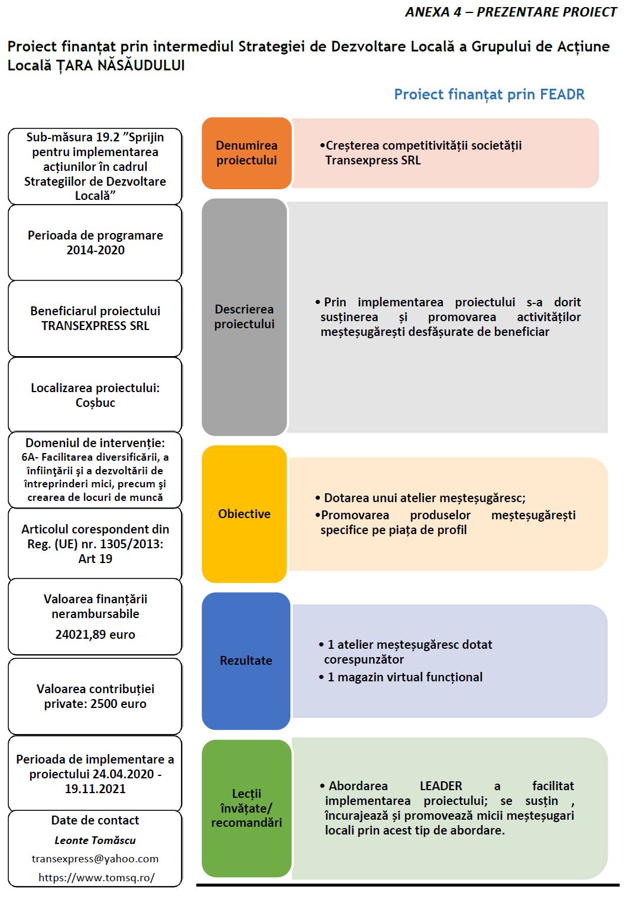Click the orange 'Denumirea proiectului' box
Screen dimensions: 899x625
coord(247,153)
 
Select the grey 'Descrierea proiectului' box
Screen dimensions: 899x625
coord(244,316)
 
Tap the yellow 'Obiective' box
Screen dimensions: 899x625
coord(244,513)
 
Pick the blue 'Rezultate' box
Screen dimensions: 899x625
coord(246,660)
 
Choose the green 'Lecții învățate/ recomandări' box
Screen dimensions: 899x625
coord(247,808)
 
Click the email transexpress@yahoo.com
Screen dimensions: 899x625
coord(95,858)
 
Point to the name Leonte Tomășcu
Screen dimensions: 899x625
coord(95,840)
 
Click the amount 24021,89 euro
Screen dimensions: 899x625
coord(95,634)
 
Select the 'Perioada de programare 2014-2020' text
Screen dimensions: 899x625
coord(95,242)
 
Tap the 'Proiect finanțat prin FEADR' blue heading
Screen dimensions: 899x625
coord(489,95)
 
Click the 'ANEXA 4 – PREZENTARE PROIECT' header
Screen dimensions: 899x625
coord(510,12)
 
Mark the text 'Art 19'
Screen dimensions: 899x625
coord(95,558)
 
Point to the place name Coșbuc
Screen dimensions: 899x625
coord(95,403)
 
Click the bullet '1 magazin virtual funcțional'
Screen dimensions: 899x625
coord(404,677)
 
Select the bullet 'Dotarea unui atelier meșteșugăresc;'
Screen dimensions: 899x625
coord(425,498)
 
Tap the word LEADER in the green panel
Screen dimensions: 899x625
coord(441,785)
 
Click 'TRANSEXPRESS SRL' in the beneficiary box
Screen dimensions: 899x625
coord(95,325)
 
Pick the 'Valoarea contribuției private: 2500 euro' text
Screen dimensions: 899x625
coord(95,696)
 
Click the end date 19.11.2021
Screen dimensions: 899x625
coord(95,788)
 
